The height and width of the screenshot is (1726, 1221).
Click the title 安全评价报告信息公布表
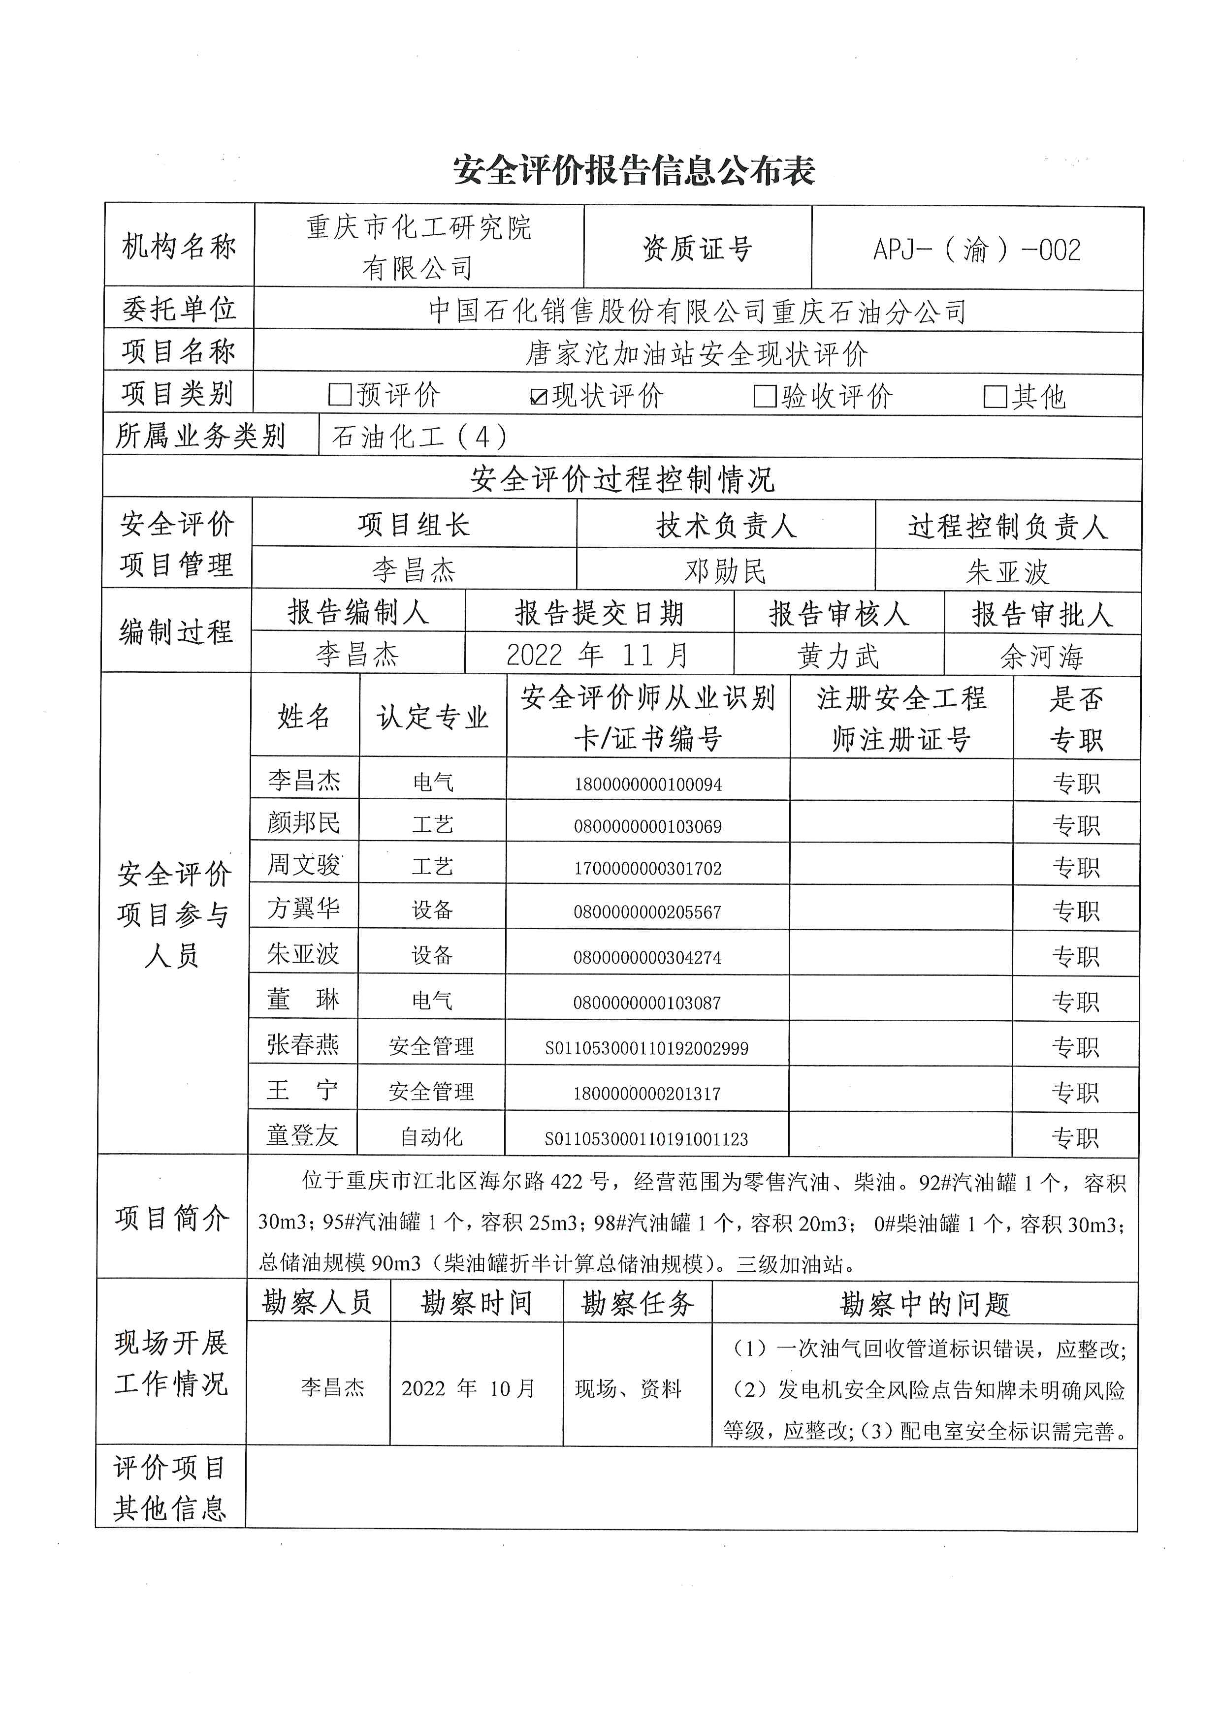tap(634, 171)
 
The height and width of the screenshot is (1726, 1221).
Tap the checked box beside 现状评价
tap(538, 396)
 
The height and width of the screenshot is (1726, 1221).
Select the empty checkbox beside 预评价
tap(341, 395)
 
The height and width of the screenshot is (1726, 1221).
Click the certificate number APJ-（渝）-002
tap(977, 250)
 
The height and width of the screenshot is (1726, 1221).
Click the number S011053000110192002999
tap(646, 1048)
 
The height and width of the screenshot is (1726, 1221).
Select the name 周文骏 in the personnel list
tap(304, 865)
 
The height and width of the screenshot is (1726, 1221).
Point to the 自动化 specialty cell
tap(432, 1137)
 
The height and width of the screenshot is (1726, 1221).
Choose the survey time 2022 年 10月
tap(468, 1388)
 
